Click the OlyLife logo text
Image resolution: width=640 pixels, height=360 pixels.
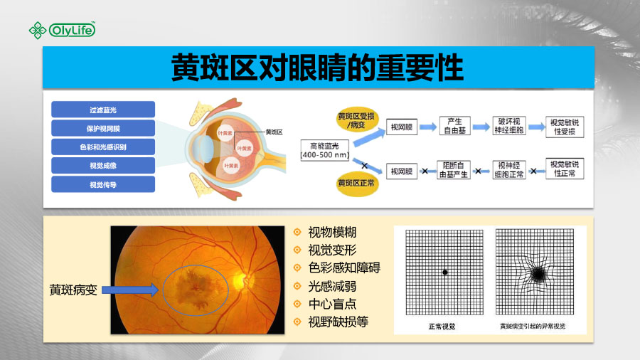coord(73,30)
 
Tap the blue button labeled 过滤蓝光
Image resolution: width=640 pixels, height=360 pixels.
coord(103,110)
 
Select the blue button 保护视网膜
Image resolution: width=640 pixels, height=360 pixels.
coord(103,128)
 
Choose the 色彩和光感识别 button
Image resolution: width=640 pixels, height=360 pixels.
coord(103,147)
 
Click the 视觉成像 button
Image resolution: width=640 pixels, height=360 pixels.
coord(103,166)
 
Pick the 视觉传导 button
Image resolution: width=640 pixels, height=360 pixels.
coord(103,184)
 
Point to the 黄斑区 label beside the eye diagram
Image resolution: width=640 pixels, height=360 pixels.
coord(274,132)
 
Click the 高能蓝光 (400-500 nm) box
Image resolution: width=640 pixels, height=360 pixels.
coord(325,150)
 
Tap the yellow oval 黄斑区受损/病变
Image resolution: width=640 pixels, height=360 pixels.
coord(356,120)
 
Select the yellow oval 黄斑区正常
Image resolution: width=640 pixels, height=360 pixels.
coord(356,184)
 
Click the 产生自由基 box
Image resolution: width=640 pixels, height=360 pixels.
coord(454,126)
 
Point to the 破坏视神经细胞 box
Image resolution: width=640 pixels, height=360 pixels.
coord(509,126)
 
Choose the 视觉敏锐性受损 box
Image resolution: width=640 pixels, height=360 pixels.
coord(565,127)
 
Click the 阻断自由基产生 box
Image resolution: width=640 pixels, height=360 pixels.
coord(454,170)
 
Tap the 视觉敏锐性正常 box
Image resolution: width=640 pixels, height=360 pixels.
coord(565,169)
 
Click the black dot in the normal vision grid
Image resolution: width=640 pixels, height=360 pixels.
coord(445,272)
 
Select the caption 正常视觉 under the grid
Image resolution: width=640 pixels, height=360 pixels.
coord(442,326)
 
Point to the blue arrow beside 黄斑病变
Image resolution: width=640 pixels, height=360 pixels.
coord(130,290)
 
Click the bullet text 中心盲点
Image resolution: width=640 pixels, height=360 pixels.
coord(332,304)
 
